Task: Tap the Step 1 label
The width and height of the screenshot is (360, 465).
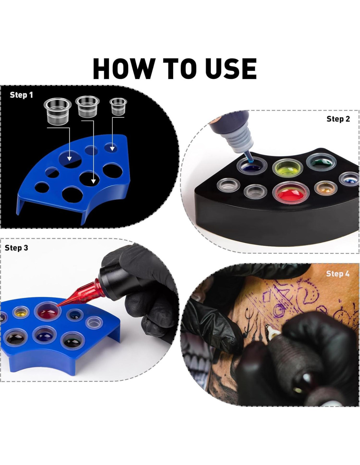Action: click(21, 95)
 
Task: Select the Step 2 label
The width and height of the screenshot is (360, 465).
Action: click(338, 119)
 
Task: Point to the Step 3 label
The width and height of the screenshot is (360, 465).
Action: click(16, 248)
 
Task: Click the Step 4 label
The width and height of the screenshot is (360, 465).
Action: click(338, 274)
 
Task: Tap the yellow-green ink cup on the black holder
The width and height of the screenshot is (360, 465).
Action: click(288, 167)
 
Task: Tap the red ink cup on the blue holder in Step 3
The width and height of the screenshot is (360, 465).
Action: click(47, 312)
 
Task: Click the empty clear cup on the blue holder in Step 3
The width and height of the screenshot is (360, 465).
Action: click(94, 323)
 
